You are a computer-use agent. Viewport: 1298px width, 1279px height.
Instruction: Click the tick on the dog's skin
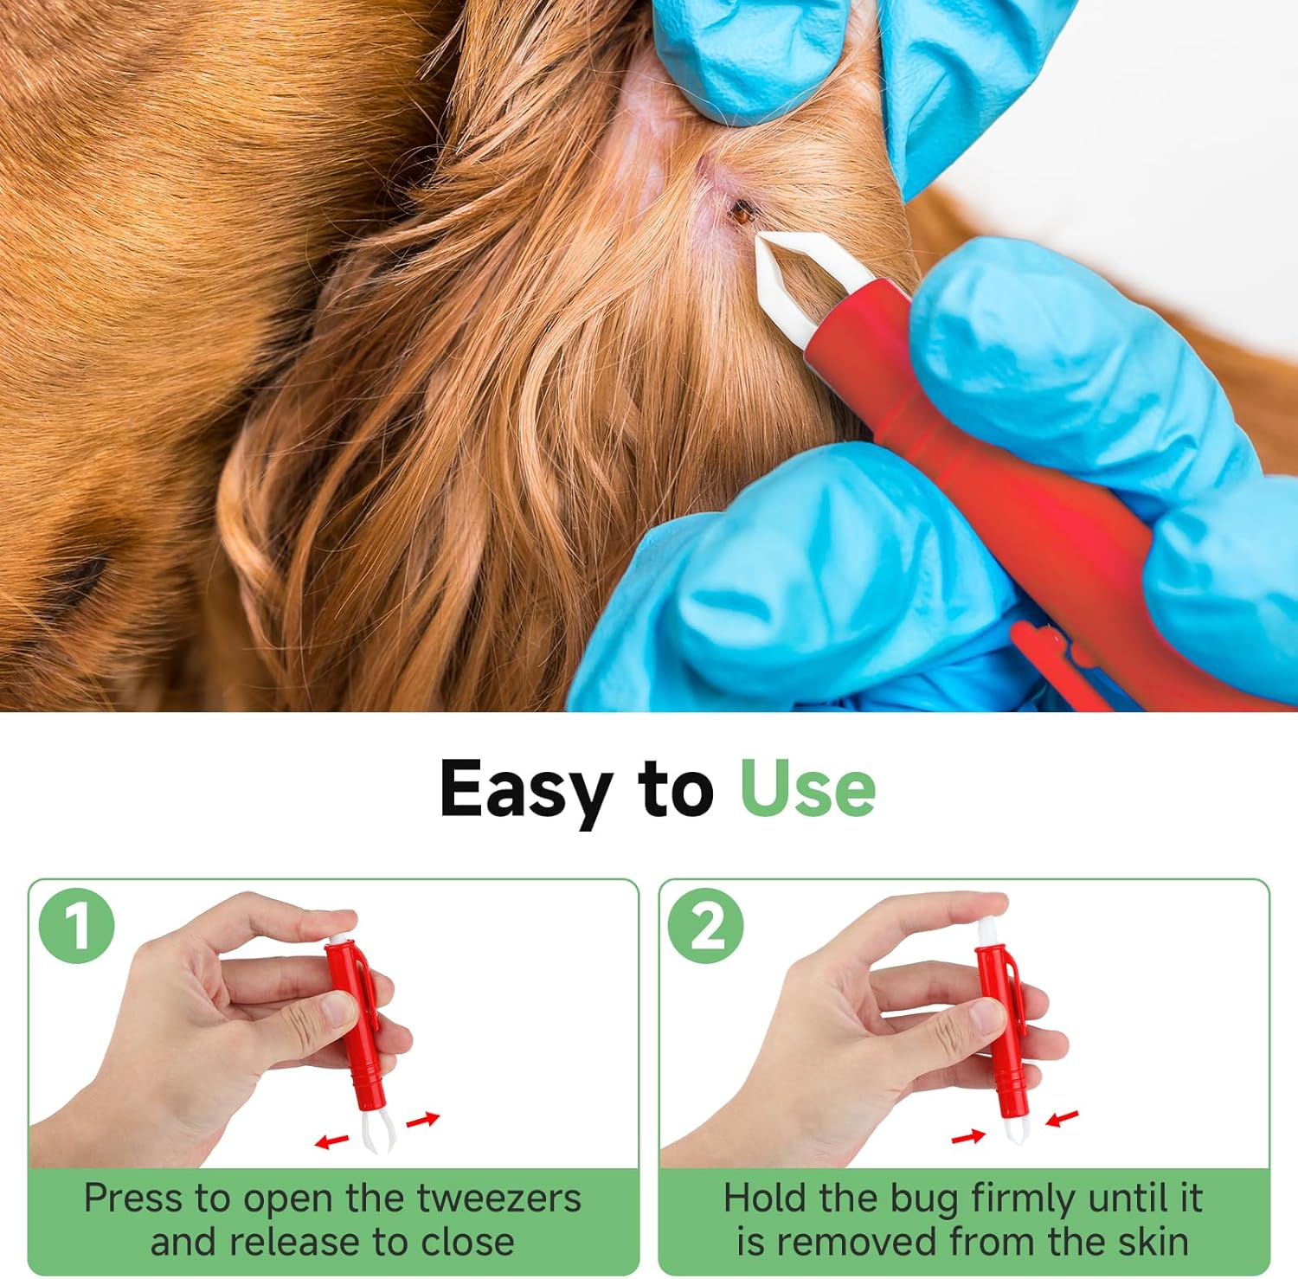[x=742, y=209]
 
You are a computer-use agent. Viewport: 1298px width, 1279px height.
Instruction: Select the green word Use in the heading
[x=807, y=787]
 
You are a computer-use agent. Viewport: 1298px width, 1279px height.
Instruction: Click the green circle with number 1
[x=77, y=926]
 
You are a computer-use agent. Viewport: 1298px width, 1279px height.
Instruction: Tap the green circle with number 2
[x=706, y=926]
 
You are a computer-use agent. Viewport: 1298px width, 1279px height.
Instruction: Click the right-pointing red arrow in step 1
[x=423, y=1121]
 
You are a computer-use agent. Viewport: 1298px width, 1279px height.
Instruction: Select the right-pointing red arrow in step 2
[x=968, y=1136]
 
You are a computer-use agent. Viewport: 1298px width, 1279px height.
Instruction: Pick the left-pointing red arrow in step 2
[x=1062, y=1118]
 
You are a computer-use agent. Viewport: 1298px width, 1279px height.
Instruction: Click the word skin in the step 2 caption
[x=1153, y=1242]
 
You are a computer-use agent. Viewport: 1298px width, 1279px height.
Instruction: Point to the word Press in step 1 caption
[x=133, y=1199]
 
